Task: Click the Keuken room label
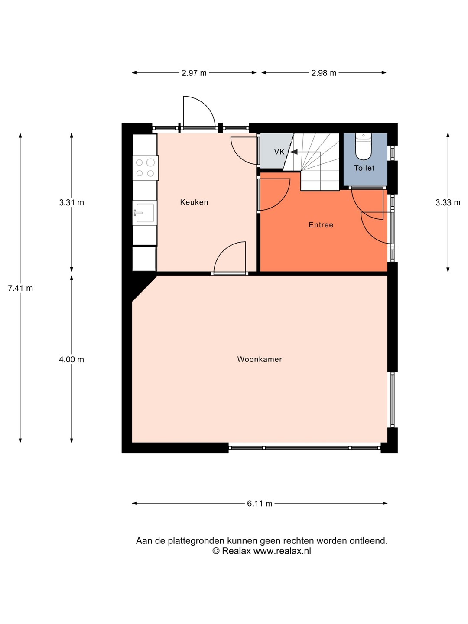pyautogui.click(x=194, y=202)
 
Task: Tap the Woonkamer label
pyautogui.click(x=260, y=359)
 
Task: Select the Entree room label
pyautogui.click(x=321, y=225)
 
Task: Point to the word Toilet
pyautogui.click(x=364, y=168)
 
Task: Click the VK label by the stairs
pyautogui.click(x=279, y=152)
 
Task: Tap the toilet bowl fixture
pyautogui.click(x=364, y=146)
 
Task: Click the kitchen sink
pyautogui.click(x=145, y=212)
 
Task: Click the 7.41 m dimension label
pyautogui.click(x=20, y=288)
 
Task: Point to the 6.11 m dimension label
pyautogui.click(x=260, y=504)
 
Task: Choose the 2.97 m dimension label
pyautogui.click(x=194, y=73)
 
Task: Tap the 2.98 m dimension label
pyautogui.click(x=324, y=73)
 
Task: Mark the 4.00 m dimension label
pyautogui.click(x=71, y=359)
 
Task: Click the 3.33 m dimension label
pyautogui.click(x=448, y=202)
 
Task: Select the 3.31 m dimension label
pyautogui.click(x=71, y=202)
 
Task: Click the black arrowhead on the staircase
pyautogui.click(x=294, y=152)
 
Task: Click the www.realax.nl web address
pyautogui.click(x=282, y=551)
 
